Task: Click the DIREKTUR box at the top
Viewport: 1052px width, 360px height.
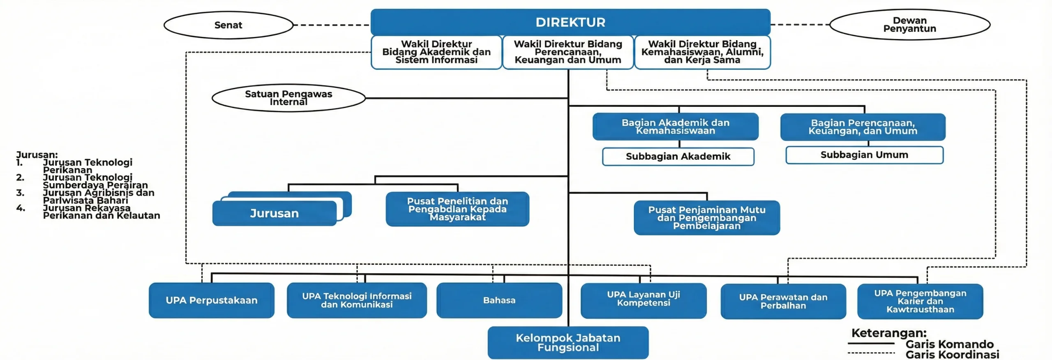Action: (570, 22)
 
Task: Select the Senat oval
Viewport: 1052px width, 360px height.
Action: (228, 25)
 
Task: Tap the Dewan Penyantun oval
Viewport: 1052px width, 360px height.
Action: (909, 25)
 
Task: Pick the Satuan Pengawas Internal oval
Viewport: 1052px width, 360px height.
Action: (288, 98)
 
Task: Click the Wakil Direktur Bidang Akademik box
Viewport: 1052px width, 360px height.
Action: (436, 52)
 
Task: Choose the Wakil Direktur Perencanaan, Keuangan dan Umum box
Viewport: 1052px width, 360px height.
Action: (568, 52)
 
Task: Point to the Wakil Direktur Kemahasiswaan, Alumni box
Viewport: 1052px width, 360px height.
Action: (702, 52)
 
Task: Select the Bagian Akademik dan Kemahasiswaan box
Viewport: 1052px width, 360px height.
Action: (675, 127)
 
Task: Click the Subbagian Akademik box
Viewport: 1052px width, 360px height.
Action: (678, 157)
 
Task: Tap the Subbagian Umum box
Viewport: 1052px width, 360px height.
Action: (864, 155)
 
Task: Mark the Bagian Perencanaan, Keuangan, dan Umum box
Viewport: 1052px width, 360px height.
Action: (863, 127)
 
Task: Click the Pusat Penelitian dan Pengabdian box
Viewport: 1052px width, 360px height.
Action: (457, 209)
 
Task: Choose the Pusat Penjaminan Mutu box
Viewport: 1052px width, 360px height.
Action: (707, 218)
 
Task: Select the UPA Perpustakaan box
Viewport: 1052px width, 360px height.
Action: (212, 300)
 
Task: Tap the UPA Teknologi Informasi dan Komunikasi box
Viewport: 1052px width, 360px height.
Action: (357, 300)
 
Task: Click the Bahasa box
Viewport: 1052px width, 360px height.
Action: (499, 300)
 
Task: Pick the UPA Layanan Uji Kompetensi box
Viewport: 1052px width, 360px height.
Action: (644, 300)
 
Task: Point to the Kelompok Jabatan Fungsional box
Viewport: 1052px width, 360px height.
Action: (568, 343)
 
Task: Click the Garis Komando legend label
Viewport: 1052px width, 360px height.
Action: (949, 344)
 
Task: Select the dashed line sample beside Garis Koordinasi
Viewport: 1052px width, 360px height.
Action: (871, 353)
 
